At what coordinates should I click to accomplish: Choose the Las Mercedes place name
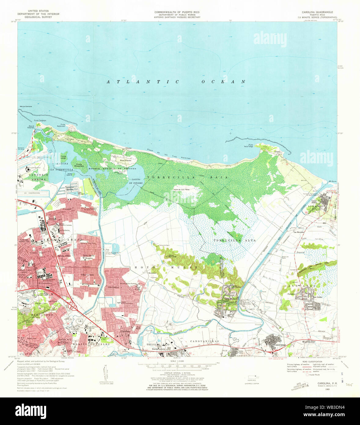tap(299, 232)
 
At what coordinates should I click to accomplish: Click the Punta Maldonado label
tap(63, 125)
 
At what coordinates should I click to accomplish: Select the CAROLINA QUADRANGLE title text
tap(318, 12)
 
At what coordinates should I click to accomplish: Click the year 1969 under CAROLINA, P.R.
tap(319, 390)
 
